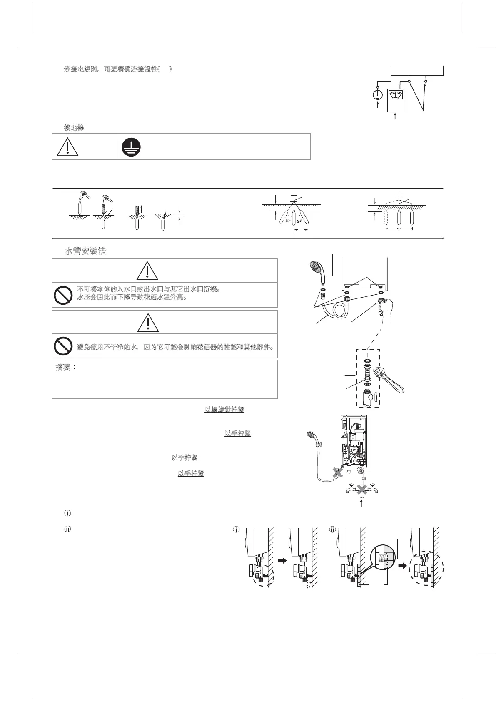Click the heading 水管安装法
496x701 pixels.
coord(85,251)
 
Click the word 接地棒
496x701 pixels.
coord(74,127)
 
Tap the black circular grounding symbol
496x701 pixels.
coord(131,147)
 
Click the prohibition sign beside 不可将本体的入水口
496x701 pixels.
coord(63,295)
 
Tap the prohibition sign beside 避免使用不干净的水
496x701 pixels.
coord(63,346)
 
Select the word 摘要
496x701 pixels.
coord(63,368)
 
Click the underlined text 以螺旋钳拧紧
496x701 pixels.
coord(224,410)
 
